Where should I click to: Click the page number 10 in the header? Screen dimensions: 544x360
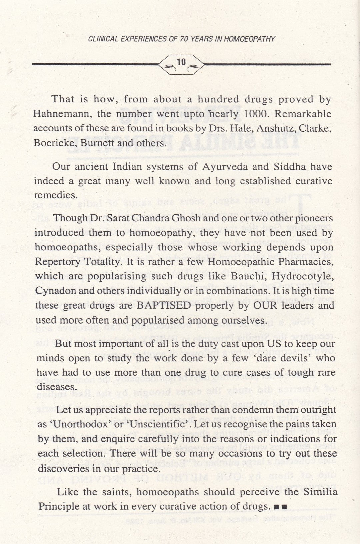click(x=181, y=62)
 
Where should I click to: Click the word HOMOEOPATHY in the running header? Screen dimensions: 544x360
click(x=249, y=39)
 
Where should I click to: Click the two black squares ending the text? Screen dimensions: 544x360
click(x=280, y=507)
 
